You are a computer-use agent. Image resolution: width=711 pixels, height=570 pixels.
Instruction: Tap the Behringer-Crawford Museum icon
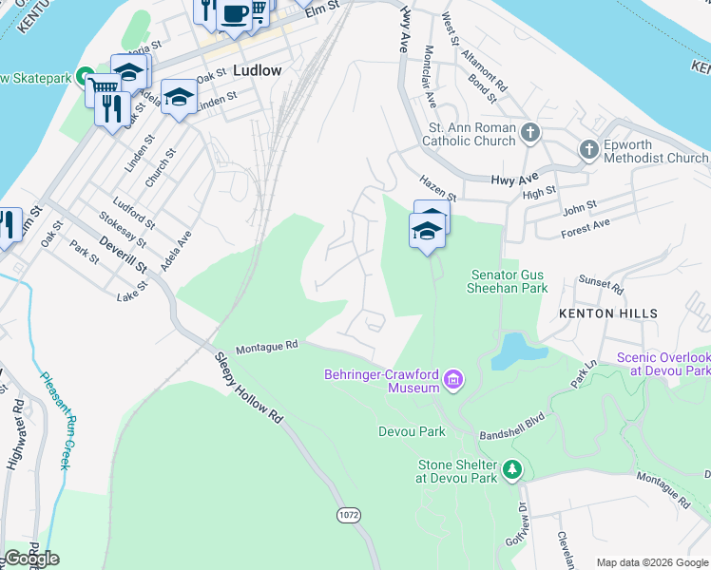click(x=453, y=381)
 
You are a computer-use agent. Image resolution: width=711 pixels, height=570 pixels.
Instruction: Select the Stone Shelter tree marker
click(x=513, y=469)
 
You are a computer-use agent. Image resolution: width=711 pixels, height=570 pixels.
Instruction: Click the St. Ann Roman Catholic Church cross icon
click(x=530, y=133)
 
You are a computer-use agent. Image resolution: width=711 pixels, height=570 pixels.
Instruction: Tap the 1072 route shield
click(x=348, y=514)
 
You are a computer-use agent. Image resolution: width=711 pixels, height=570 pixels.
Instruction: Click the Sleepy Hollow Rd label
click(x=250, y=388)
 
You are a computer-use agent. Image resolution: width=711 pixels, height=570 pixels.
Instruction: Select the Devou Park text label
click(x=412, y=431)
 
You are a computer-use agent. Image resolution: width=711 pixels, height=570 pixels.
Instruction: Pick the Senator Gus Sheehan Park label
click(x=509, y=280)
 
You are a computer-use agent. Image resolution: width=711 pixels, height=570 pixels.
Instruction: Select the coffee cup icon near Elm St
click(x=234, y=13)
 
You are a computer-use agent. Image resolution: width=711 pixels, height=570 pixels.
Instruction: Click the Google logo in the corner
click(x=31, y=559)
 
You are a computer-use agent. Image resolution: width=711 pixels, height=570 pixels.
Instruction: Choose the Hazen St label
click(x=438, y=187)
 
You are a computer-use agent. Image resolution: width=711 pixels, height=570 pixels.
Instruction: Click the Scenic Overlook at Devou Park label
click(x=663, y=364)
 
